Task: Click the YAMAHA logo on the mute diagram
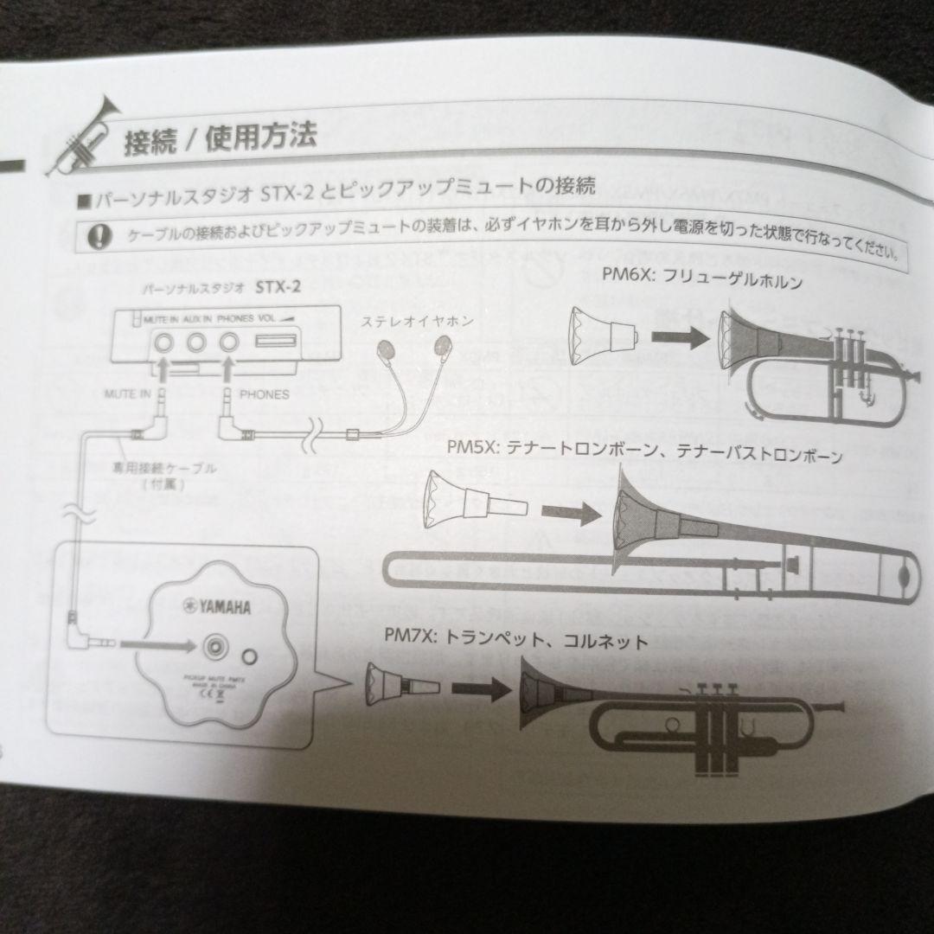coord(216,607)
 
